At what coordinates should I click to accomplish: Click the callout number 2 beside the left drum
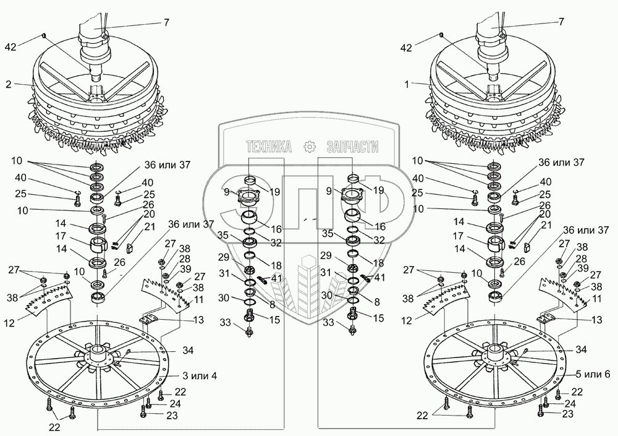(8, 84)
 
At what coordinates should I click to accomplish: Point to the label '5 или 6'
(593, 374)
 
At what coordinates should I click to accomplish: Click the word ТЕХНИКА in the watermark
(269, 147)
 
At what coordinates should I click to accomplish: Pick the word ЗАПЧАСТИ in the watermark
(352, 147)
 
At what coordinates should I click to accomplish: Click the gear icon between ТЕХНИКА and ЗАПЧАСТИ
(310, 147)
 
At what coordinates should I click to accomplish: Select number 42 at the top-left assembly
(11, 47)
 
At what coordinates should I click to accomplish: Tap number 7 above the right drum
(561, 22)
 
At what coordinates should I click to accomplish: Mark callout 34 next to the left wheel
(188, 351)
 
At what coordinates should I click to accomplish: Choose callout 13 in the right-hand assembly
(597, 319)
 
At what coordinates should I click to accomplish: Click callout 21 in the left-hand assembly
(150, 227)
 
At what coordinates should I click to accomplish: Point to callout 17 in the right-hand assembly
(458, 236)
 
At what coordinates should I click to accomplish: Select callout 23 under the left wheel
(172, 415)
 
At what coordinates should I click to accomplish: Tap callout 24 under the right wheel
(570, 404)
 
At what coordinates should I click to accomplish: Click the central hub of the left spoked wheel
(96, 353)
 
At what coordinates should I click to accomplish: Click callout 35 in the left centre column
(222, 235)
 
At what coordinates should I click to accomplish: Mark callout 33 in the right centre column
(328, 323)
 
